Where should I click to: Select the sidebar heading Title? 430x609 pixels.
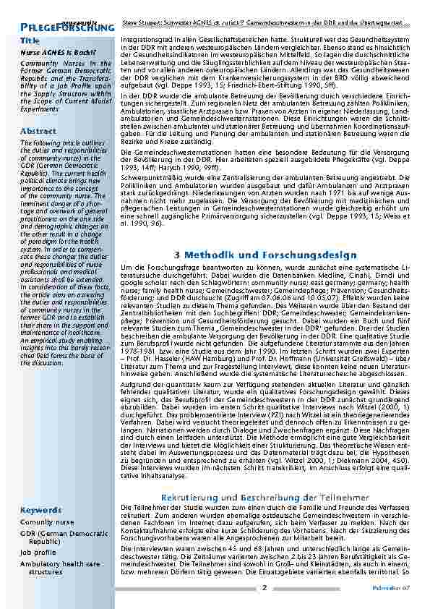click(30, 41)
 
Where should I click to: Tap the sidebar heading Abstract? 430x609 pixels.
click(38, 131)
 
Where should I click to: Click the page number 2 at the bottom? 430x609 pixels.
click(265, 588)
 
